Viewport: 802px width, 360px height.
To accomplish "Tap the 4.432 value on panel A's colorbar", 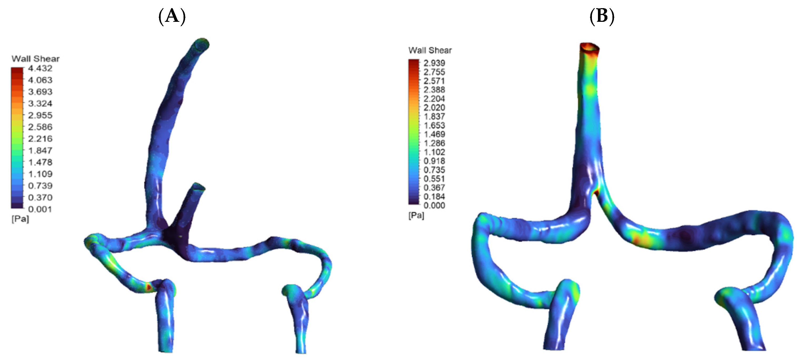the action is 40,69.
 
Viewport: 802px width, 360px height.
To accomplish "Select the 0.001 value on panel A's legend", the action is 40,209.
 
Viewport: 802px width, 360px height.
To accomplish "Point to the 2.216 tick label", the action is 40,139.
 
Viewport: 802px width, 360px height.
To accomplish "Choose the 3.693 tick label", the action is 40,92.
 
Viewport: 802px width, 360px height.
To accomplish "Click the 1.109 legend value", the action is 40,174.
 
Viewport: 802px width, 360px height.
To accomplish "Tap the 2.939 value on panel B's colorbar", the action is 434,63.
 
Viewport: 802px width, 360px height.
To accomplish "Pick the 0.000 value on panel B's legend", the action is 434,205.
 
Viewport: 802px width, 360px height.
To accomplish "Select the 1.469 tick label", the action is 434,135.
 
